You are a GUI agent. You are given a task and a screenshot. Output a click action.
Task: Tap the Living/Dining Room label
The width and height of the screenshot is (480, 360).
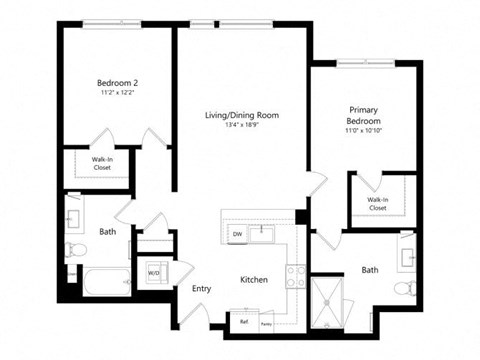243,115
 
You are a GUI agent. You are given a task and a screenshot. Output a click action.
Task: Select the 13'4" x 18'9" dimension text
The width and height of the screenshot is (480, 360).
243,126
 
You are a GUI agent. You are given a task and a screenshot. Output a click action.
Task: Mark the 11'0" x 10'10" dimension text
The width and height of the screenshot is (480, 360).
363,131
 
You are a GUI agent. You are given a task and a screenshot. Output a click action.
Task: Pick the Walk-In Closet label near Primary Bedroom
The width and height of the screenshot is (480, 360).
378,204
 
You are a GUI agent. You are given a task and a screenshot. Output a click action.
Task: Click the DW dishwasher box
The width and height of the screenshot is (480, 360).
237,234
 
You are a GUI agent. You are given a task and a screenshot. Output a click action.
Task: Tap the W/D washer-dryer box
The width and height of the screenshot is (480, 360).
154,271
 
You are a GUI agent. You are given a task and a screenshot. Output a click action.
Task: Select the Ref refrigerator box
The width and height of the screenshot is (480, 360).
243,322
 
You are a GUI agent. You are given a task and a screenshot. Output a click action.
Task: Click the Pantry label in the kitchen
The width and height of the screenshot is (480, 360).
266,323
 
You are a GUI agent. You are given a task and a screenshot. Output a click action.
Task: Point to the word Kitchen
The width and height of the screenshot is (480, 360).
252,281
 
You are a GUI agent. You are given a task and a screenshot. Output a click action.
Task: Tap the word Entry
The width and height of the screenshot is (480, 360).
201,289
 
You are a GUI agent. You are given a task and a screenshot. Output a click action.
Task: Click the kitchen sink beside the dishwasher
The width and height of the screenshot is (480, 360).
264,234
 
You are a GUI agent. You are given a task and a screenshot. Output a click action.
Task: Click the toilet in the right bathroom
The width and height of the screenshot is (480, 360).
404,289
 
